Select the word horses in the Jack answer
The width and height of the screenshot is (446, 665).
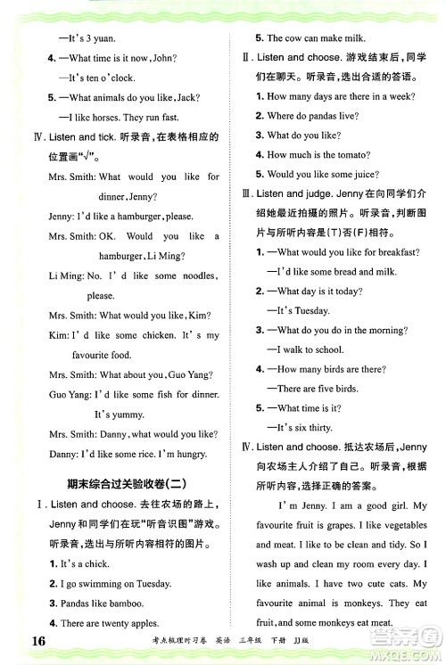tap(118, 116)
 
